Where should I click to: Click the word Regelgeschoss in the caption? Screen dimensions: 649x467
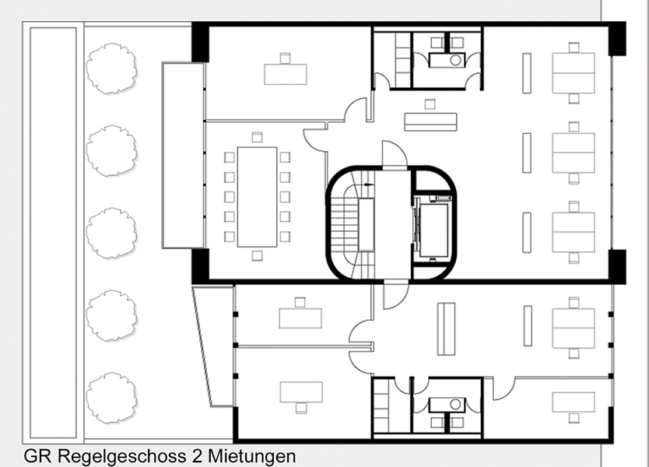121,456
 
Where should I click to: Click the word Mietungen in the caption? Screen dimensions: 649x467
252,456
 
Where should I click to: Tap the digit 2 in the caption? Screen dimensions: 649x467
197,456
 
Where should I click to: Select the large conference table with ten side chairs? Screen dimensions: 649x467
257,197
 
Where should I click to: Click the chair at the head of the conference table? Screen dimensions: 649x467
257,137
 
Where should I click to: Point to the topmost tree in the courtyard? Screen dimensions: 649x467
111,68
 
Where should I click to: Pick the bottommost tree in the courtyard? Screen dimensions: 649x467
111,398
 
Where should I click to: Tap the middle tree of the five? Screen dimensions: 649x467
111,233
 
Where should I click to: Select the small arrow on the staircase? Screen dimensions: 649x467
368,184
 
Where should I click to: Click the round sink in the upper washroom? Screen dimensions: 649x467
455,60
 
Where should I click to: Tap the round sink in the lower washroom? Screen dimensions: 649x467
455,404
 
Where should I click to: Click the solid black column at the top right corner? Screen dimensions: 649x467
617,38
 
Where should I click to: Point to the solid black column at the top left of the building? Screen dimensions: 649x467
200,42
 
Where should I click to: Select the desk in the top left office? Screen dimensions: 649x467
286,74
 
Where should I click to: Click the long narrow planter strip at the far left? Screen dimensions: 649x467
54,233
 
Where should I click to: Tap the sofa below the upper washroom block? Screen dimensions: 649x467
430,121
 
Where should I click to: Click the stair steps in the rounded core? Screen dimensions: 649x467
346,223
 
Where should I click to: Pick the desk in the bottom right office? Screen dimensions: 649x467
574,402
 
